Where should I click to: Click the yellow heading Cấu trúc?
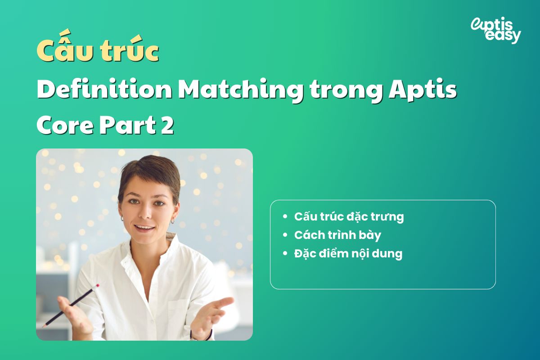98,52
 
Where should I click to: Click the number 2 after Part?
166,126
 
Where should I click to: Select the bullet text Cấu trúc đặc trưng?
349,216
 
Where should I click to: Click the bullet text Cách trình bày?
337,235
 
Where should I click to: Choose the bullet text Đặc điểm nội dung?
348,253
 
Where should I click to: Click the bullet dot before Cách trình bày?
285,235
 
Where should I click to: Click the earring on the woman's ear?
173,221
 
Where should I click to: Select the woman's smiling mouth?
144,228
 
